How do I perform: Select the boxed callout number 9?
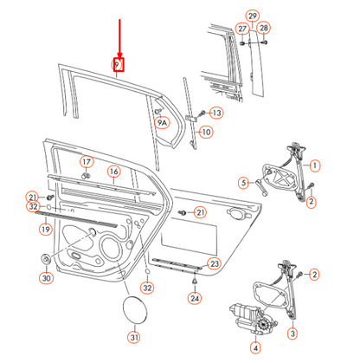pyautogui.click(x=119, y=64)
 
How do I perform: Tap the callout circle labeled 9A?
pyautogui.click(x=162, y=123)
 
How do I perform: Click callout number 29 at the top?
pyautogui.click(x=253, y=17)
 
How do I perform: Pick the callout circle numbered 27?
pyautogui.click(x=242, y=29)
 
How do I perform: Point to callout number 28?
pyautogui.click(x=264, y=29)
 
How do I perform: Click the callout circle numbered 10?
pyautogui.click(x=205, y=133)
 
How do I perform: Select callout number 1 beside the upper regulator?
pyautogui.click(x=315, y=165)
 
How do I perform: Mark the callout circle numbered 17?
pyautogui.click(x=87, y=162)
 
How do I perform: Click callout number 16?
pyautogui.click(x=112, y=172)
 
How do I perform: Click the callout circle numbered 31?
pyautogui.click(x=133, y=337)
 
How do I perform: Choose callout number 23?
pyautogui.click(x=215, y=263)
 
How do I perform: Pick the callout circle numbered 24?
pyautogui.click(x=195, y=300)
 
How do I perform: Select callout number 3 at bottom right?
pyautogui.click(x=292, y=334)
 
